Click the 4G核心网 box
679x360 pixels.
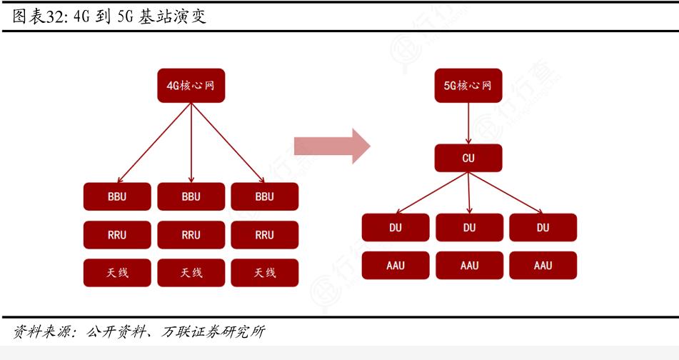click(x=191, y=85)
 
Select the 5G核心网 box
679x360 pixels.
click(x=468, y=85)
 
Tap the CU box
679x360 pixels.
click(x=468, y=158)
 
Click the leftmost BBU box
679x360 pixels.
click(x=117, y=196)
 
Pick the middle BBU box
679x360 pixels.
click(x=191, y=196)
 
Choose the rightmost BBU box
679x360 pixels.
click(x=264, y=196)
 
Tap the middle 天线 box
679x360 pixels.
click(x=191, y=273)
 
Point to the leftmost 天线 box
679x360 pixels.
click(x=117, y=273)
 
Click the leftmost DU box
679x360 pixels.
click(x=396, y=227)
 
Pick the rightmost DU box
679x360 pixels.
click(x=543, y=227)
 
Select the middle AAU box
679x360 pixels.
click(x=469, y=265)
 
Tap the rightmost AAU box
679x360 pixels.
click(x=543, y=265)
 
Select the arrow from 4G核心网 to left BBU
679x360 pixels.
click(x=154, y=142)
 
